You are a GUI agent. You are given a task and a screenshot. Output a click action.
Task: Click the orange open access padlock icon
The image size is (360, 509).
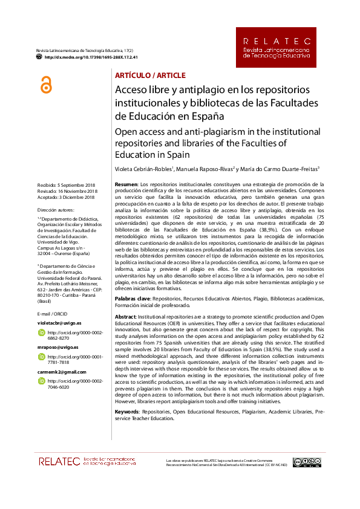(x=46, y=86)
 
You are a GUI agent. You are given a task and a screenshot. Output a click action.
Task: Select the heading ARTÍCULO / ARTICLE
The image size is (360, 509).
(x=150, y=76)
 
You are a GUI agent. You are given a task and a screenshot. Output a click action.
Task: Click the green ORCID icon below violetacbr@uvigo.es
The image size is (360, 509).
(x=42, y=333)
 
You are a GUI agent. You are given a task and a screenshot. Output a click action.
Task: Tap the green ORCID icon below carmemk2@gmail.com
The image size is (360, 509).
(x=42, y=381)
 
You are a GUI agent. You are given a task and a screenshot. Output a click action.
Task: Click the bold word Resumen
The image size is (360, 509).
(x=126, y=184)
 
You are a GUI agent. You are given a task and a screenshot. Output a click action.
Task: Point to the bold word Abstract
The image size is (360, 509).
(x=125, y=317)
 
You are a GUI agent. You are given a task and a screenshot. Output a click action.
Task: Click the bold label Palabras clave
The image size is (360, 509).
(x=133, y=299)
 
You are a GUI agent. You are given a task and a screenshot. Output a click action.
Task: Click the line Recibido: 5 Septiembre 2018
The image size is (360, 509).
(x=67, y=184)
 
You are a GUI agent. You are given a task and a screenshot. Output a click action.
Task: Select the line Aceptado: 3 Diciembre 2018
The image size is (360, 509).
(x=66, y=197)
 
